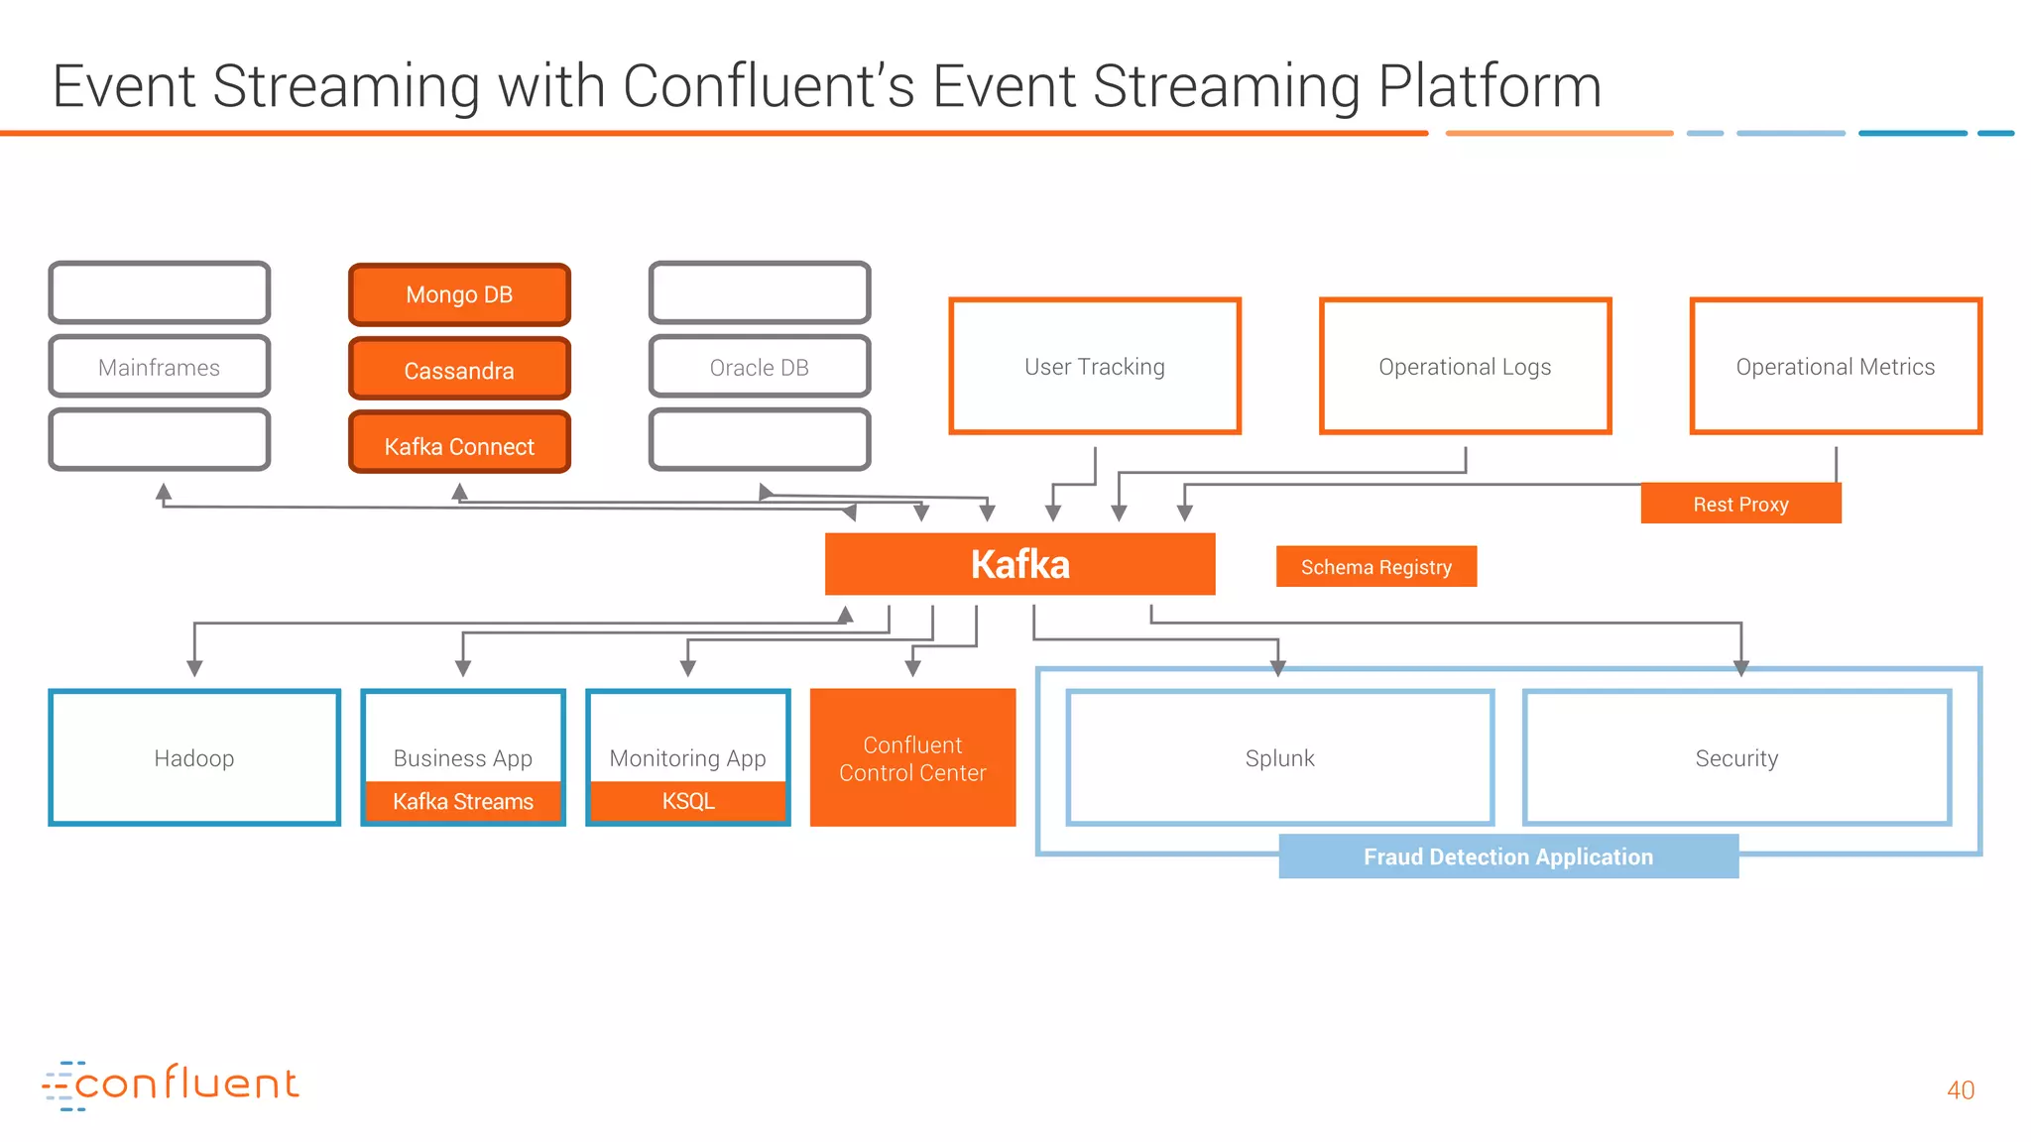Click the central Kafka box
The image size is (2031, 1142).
coord(1019,564)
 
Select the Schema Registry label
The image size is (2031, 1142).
coord(1375,567)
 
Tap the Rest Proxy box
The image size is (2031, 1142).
coord(1740,504)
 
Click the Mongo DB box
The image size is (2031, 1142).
coord(459,294)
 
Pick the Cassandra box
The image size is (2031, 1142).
coord(459,370)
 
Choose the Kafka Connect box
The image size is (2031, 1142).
coord(459,446)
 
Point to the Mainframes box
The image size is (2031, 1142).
coord(159,367)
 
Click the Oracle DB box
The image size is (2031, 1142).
coord(760,367)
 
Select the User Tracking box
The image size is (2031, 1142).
coord(1095,366)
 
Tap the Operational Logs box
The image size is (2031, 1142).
coord(1465,366)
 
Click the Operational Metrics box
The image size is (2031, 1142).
coord(1835,366)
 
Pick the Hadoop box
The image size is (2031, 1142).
coord(194,757)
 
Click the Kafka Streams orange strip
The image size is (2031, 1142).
coord(463,801)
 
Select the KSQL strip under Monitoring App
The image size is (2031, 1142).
coord(688,801)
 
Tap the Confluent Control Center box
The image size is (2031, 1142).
coord(912,758)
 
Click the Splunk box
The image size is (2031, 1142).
coord(1279,757)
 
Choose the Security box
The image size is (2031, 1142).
coord(1736,757)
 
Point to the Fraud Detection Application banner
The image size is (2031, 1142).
coord(1507,856)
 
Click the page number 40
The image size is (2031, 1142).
coord(1960,1089)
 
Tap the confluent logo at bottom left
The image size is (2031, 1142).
coord(171,1085)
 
